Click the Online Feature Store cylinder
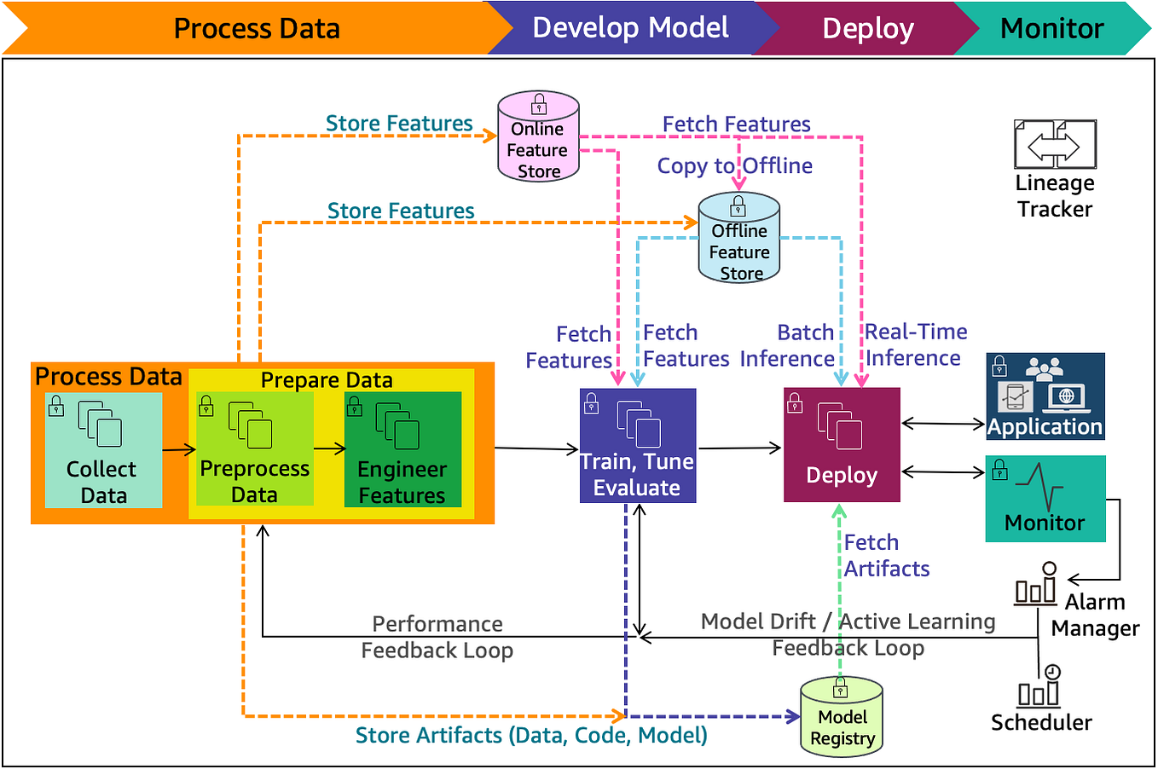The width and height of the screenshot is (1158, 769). tap(538, 137)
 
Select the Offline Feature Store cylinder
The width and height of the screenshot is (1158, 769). tap(738, 239)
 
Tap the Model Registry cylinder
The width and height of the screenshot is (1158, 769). tap(842, 717)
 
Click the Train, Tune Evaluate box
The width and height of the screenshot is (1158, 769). tap(638, 446)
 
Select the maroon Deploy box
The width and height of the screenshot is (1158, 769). tap(842, 445)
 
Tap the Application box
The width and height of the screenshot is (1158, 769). tap(1045, 396)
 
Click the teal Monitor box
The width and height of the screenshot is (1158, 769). tap(1045, 499)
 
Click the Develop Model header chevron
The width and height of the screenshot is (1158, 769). tap(630, 28)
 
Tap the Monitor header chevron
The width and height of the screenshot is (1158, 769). tap(1051, 28)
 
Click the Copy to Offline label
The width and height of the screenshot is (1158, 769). tap(734, 165)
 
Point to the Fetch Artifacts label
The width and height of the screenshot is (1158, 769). tap(886, 555)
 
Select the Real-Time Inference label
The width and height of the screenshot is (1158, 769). tap(915, 344)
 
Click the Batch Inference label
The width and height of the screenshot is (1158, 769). tap(787, 345)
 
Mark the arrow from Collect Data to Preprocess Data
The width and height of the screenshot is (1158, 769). tap(179, 449)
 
